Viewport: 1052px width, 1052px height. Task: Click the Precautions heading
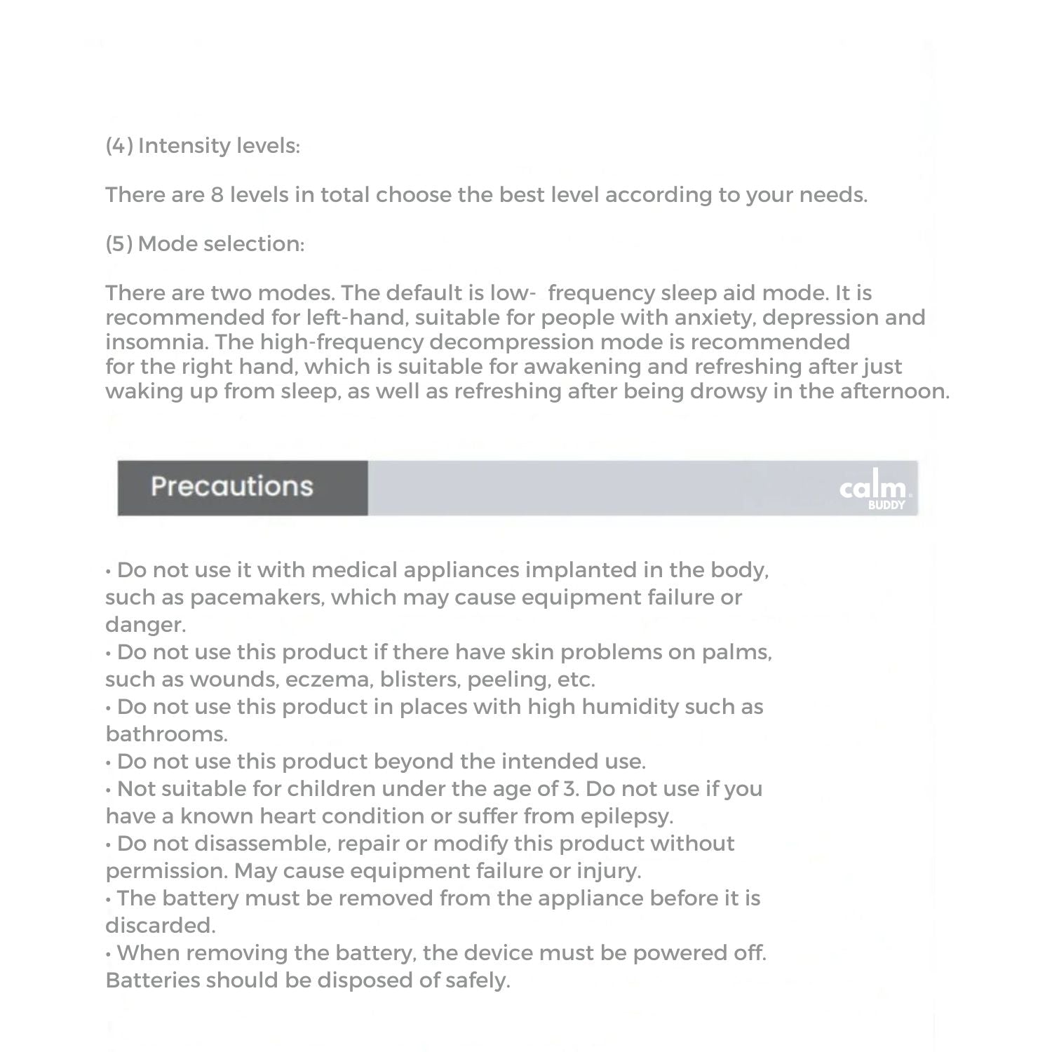[x=231, y=487]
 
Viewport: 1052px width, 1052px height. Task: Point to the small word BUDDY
[x=886, y=505]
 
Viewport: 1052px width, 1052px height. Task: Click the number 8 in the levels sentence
[x=217, y=194]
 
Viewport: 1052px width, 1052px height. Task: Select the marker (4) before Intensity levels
[x=119, y=146]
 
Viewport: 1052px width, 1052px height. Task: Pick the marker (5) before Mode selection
[x=119, y=244]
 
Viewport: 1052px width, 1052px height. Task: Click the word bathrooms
[x=166, y=734]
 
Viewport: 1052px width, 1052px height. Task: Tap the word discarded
[x=160, y=926]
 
